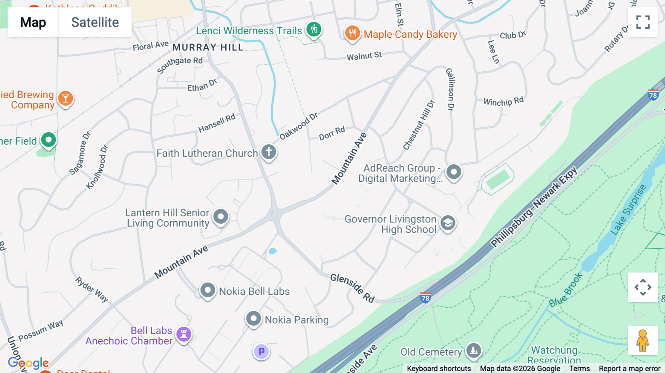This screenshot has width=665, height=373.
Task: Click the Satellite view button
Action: pyautogui.click(x=95, y=23)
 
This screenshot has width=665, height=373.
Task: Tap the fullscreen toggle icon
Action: pyautogui.click(x=643, y=22)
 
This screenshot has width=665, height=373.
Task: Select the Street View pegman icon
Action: pyautogui.click(x=642, y=341)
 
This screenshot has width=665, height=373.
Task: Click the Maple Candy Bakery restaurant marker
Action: pyautogui.click(x=352, y=33)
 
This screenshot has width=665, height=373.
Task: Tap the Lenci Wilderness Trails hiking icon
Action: pyautogui.click(x=314, y=29)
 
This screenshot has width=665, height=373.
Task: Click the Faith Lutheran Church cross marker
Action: pyautogui.click(x=269, y=152)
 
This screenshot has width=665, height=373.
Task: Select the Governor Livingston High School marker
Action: pyautogui.click(x=448, y=223)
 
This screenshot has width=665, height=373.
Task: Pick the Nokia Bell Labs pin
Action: pyautogui.click(x=208, y=290)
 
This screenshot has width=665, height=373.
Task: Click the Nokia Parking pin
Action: pyautogui.click(x=253, y=318)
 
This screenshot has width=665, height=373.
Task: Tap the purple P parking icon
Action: pyautogui.click(x=261, y=351)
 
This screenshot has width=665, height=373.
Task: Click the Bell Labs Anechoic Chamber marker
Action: pyautogui.click(x=184, y=334)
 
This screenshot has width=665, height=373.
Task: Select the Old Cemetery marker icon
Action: pyautogui.click(x=474, y=350)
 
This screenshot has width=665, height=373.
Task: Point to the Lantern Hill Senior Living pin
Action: pyautogui.click(x=221, y=216)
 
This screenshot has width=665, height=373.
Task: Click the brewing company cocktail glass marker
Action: pyautogui.click(x=65, y=99)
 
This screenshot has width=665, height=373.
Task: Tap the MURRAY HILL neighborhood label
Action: pyautogui.click(x=208, y=47)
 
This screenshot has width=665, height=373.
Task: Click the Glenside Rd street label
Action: pyautogui.click(x=352, y=288)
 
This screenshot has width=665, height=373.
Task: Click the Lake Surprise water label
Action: pyautogui.click(x=628, y=209)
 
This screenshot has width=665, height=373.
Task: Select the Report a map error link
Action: pyautogui.click(x=629, y=369)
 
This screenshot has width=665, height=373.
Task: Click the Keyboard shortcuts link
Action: pyautogui.click(x=439, y=369)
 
